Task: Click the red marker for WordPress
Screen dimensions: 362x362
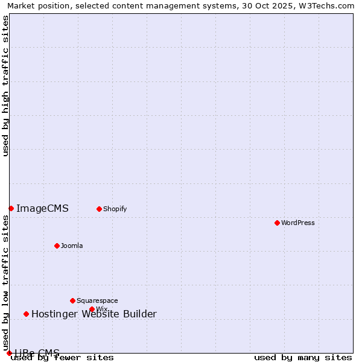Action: (277, 223)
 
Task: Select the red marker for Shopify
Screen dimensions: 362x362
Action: (99, 209)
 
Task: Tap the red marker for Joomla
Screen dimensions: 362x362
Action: (57, 246)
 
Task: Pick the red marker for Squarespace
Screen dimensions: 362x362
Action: (72, 300)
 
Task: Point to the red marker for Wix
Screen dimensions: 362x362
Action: (92, 309)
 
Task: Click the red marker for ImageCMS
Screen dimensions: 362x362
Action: (11, 208)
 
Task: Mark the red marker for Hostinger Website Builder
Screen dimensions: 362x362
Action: (26, 314)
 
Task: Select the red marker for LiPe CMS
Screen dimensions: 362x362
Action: (9, 353)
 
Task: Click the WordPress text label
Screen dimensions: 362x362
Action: (298, 223)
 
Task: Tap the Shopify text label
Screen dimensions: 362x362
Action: (115, 209)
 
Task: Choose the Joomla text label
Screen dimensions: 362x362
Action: (72, 246)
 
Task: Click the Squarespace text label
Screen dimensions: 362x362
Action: (97, 300)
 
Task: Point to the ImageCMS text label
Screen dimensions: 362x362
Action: (42, 209)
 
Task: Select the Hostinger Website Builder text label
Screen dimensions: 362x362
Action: (94, 314)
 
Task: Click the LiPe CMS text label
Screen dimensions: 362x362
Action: (37, 353)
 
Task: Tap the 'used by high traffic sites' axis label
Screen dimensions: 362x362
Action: (5, 86)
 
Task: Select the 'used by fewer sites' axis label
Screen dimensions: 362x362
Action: (62, 358)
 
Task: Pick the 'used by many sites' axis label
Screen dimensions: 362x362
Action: (303, 358)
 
